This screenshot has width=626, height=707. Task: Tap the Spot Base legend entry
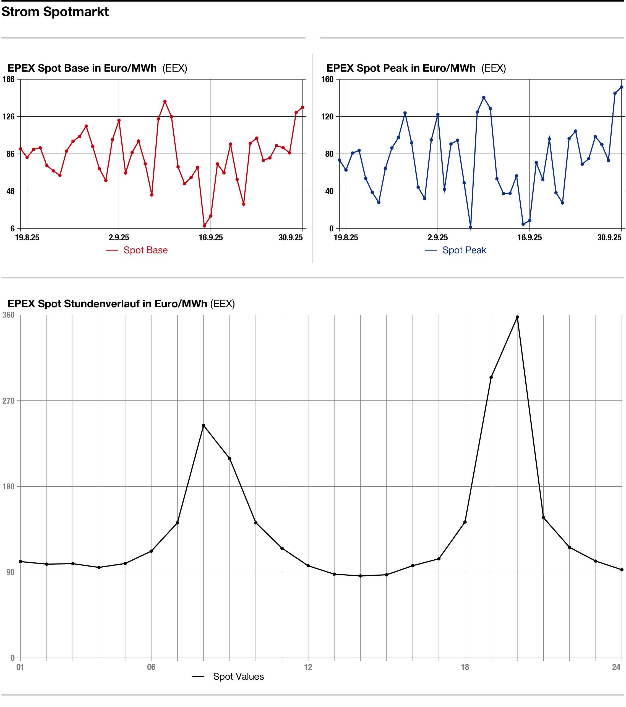tap(145, 250)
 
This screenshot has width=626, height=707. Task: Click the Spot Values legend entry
tap(238, 676)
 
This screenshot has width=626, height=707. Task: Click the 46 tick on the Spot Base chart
tap(9, 191)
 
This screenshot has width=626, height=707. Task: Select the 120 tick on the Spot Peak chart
tap(327, 117)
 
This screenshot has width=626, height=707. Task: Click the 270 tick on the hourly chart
tap(9, 401)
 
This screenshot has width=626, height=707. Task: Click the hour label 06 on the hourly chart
tap(151, 667)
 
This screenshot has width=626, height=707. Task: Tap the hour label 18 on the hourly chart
tap(465, 667)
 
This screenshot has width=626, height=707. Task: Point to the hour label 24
tap(616, 667)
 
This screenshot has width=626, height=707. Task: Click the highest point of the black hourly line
tap(517, 317)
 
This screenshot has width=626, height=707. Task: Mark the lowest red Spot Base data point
tap(204, 226)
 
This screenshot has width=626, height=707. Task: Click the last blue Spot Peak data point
tap(622, 87)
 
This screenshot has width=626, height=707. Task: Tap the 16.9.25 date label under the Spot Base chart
tap(211, 238)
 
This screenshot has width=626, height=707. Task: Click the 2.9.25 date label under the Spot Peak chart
tap(437, 238)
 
